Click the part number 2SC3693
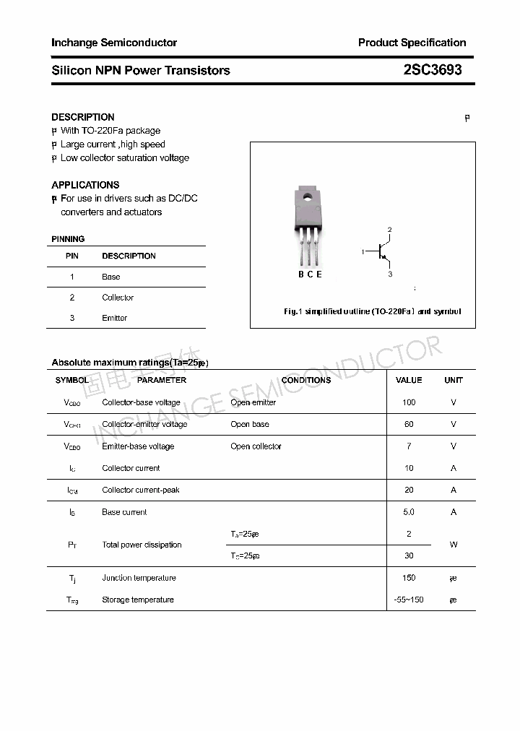[x=433, y=70]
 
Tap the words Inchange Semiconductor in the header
[x=114, y=43]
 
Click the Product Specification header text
[x=412, y=43]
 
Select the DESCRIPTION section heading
[x=83, y=117]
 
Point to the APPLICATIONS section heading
[x=85, y=185]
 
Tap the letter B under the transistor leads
[x=301, y=274]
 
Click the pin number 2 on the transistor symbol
[x=390, y=230]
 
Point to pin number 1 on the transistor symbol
[x=363, y=251]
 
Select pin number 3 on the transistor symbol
[x=390, y=274]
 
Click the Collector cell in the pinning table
[x=118, y=298]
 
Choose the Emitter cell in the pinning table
[x=115, y=318]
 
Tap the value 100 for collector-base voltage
[x=409, y=402]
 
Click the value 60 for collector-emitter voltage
[x=409, y=424]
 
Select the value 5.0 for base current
[x=409, y=512]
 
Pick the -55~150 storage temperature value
[x=409, y=600]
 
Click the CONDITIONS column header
[x=306, y=380]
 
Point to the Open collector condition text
[x=256, y=446]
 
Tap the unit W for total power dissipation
[x=454, y=545]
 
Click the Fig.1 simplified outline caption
[x=371, y=312]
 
